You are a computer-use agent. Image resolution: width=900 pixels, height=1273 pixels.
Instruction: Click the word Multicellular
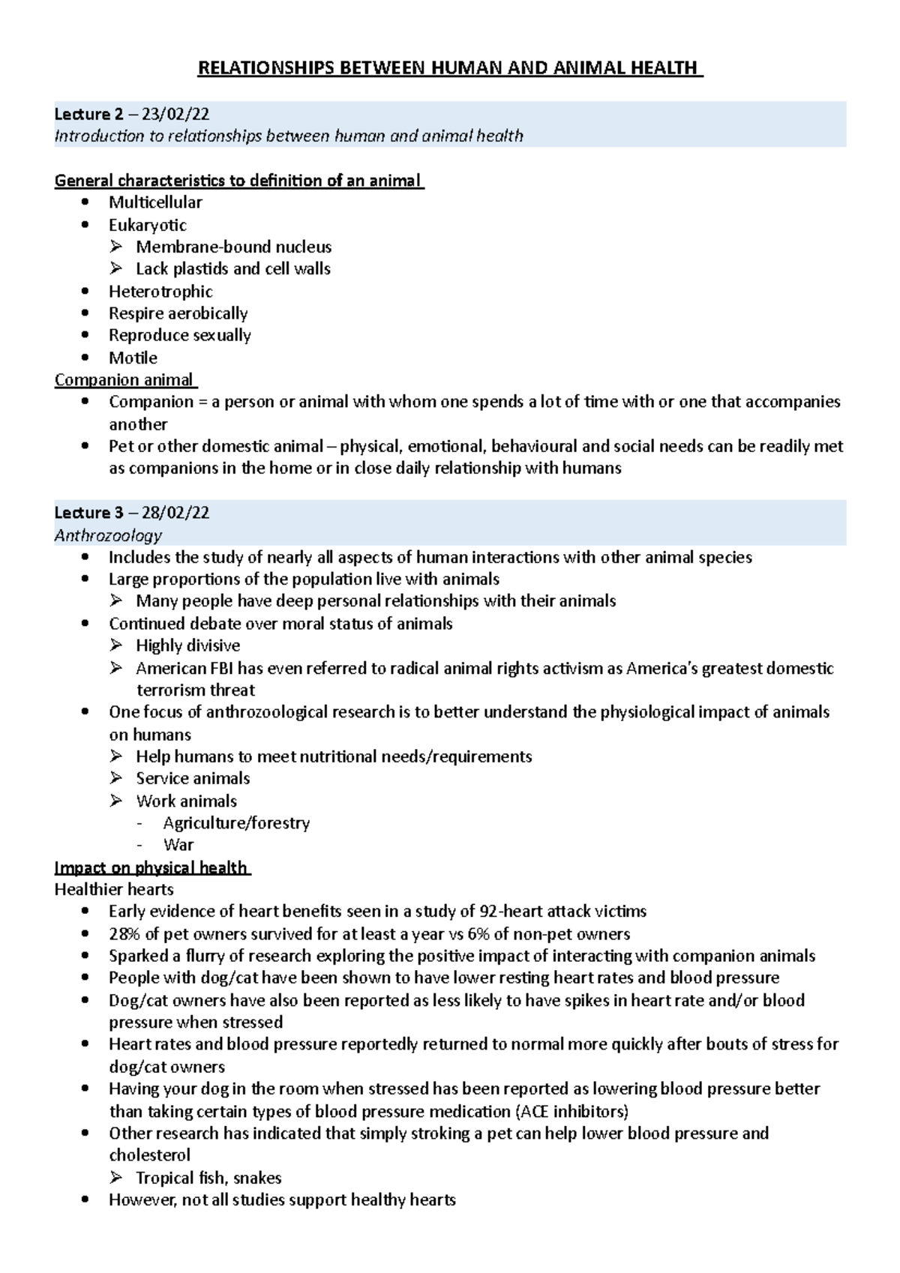click(155, 202)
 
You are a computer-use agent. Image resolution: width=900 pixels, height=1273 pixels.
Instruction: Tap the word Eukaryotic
click(148, 226)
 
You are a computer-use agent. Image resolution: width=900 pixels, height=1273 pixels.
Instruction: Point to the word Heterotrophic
click(160, 292)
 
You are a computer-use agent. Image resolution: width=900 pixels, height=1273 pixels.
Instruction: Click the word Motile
click(133, 358)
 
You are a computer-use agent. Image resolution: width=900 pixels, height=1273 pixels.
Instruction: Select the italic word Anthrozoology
click(108, 536)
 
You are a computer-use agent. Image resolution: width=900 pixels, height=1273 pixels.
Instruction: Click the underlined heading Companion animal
click(124, 380)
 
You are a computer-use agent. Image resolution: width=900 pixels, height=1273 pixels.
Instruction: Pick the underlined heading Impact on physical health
click(151, 868)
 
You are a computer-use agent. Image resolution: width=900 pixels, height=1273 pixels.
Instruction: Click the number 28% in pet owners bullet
click(124, 935)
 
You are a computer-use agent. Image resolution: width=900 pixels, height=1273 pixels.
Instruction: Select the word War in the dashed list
click(178, 846)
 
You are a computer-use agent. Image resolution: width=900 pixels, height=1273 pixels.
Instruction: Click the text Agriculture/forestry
click(236, 823)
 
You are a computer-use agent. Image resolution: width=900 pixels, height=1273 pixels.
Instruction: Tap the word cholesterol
click(150, 1155)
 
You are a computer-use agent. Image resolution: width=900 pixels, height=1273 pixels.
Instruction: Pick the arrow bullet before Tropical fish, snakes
click(116, 1178)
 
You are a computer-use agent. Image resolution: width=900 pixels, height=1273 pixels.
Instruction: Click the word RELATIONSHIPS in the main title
click(265, 69)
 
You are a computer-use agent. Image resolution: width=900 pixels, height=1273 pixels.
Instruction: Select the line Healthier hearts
click(114, 890)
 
